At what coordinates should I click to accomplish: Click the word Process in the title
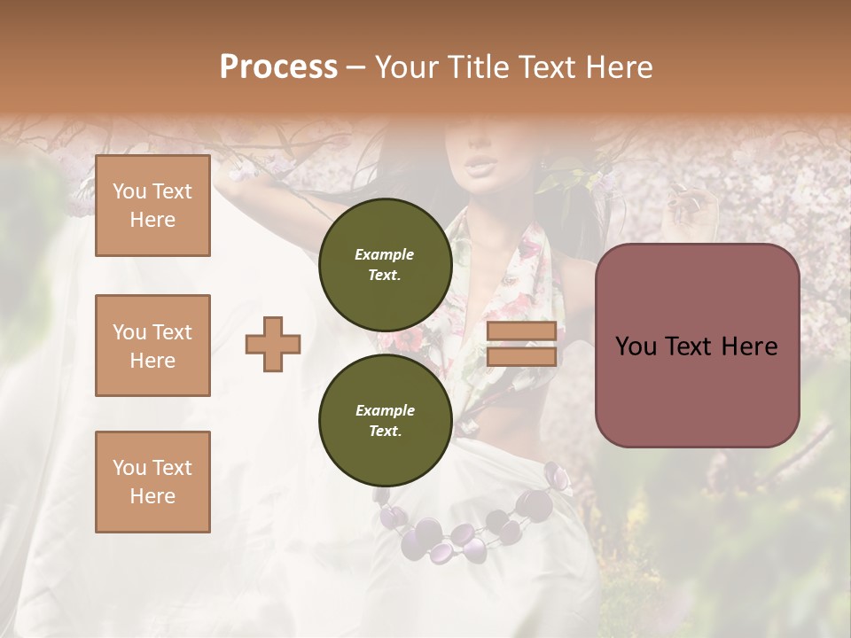pos(278,66)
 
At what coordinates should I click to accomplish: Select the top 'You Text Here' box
pos(152,206)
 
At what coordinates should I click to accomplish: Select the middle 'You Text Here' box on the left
pos(152,346)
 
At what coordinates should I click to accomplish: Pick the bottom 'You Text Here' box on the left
pos(152,482)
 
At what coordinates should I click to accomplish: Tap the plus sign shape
pos(273,344)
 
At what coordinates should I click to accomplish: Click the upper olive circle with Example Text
pos(385,265)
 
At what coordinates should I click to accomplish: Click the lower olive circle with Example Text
pos(385,421)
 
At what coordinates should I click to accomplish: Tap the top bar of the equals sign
pos(521,331)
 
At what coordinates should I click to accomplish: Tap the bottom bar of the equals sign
pos(521,356)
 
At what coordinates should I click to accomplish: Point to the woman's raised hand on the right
pos(693,208)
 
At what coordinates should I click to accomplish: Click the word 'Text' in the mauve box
pos(696,346)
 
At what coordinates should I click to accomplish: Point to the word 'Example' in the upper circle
pos(384,254)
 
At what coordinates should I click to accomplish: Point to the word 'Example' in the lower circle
pos(385,410)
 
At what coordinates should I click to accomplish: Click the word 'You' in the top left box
pos(129,191)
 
